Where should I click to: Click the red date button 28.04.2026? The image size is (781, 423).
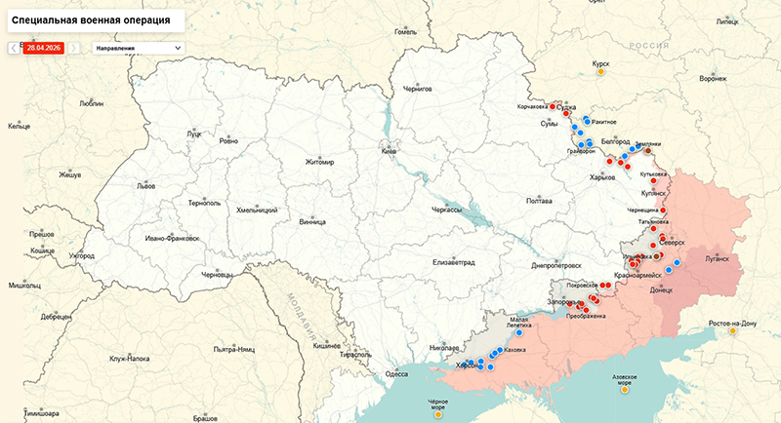(43, 46)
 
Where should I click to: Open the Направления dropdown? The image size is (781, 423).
(138, 46)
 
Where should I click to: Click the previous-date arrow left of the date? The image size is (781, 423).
(14, 46)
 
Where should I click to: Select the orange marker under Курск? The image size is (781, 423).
(600, 72)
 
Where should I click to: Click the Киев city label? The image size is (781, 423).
(390, 152)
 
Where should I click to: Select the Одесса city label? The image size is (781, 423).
(396, 373)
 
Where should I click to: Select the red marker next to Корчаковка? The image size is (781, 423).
(553, 105)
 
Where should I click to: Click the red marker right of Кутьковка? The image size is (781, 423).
(673, 175)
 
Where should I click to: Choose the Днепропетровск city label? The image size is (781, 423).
(555, 265)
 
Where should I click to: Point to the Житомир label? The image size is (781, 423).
(319, 162)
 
